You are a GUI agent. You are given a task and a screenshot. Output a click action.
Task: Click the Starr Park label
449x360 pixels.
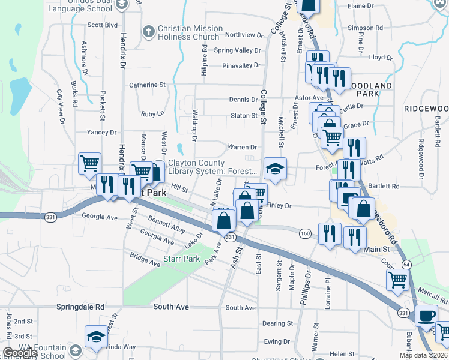[181, 259]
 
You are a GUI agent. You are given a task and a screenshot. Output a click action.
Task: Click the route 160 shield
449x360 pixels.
[306, 232]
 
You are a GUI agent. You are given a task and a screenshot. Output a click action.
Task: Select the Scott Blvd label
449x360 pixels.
[102, 25]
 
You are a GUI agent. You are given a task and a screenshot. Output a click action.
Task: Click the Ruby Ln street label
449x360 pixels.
[152, 113]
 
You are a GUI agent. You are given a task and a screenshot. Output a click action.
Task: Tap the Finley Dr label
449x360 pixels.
[279, 206]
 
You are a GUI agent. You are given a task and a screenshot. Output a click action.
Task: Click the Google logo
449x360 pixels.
[19, 353]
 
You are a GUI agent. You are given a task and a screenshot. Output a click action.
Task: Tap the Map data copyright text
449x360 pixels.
[423, 355]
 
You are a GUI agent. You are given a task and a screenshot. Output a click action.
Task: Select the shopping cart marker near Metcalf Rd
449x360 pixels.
[397, 280]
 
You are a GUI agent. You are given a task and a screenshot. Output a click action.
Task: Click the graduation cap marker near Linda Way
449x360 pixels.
[95, 337]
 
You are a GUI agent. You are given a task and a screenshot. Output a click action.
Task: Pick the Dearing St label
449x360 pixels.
[277, 323]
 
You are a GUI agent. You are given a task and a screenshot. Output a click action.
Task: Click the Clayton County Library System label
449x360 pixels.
[212, 167]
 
